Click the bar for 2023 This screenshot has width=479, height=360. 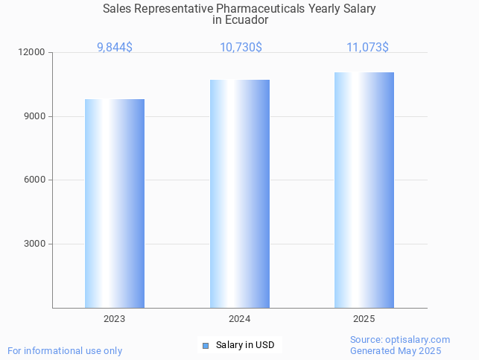coord(115,203)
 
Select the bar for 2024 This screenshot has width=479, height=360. coord(240,194)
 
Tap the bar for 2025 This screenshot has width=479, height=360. coord(364,190)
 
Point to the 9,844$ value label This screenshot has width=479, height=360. coord(115,48)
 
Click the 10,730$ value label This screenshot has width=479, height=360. coord(240,48)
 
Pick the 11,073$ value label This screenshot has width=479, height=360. coord(367,48)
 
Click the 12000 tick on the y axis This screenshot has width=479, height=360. coord(33,52)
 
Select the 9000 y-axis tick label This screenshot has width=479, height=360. coord(35,116)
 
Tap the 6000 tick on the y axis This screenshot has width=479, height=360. coord(35,180)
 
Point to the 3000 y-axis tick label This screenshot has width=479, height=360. coord(35,244)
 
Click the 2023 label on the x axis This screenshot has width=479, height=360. coord(115,319)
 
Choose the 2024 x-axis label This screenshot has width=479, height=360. coord(240,319)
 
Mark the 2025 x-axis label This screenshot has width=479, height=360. coord(364,319)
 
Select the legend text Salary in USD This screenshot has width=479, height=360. coord(245,345)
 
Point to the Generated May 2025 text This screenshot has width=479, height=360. coord(396,351)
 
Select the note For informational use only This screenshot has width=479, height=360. coord(65,351)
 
